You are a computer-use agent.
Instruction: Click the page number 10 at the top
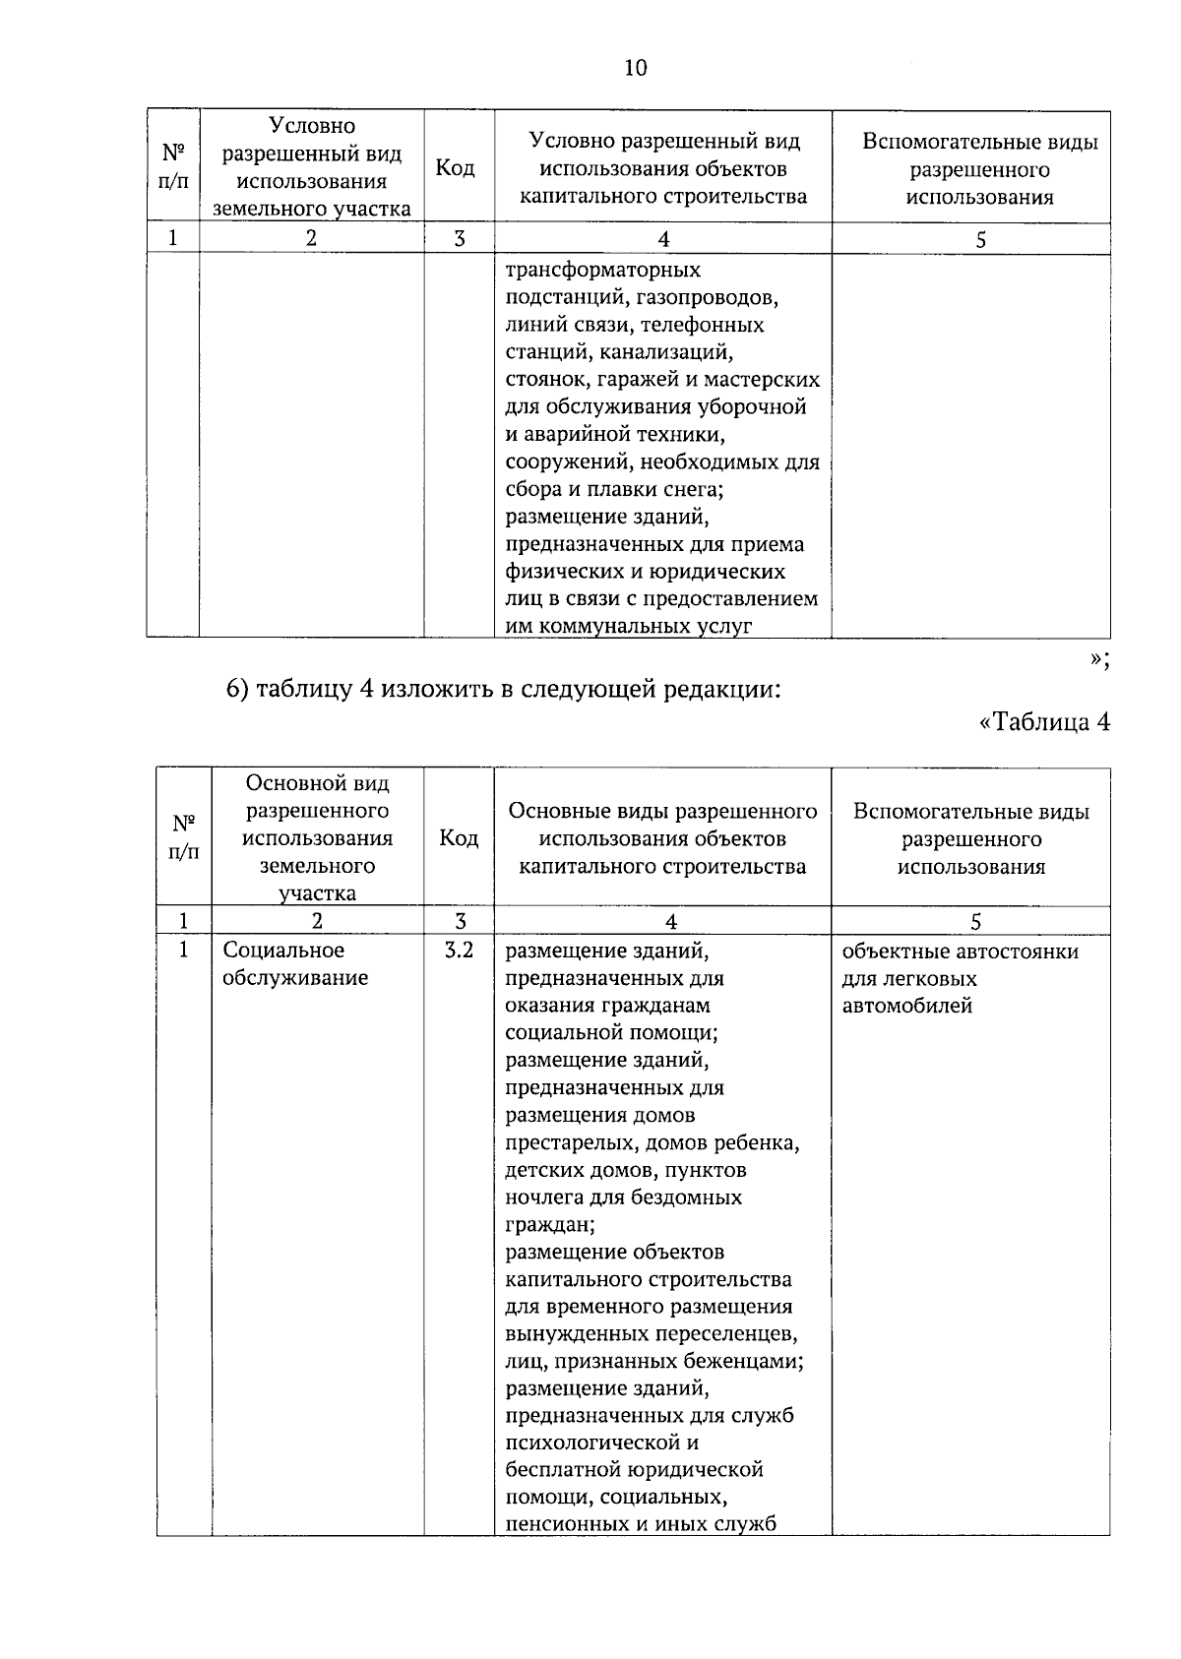coord(635,68)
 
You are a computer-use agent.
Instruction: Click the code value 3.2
coord(459,951)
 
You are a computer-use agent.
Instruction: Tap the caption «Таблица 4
coord(1045,722)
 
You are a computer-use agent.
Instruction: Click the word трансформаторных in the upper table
coord(602,270)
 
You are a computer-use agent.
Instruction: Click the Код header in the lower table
coord(459,837)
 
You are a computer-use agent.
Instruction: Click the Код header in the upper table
coord(455,168)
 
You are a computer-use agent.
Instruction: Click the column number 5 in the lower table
coord(975,922)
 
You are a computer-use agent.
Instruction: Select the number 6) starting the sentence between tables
coord(236,690)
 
